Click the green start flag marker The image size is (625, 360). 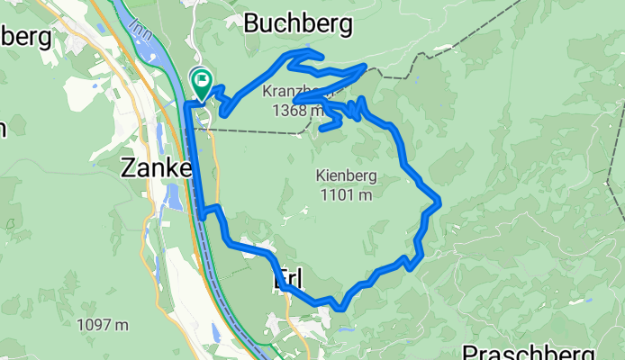[201, 83]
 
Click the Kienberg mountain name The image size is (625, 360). [346, 176]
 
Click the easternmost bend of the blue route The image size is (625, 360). [439, 203]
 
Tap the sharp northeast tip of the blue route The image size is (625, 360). [365, 66]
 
